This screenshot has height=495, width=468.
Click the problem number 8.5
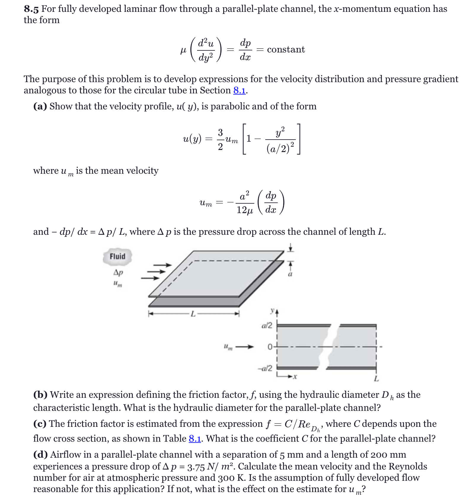(31, 9)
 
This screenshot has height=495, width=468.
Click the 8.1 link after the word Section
(239, 90)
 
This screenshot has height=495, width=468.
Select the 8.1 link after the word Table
(195, 439)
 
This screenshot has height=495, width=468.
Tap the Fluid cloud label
(117, 256)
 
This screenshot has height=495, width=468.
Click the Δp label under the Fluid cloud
(118, 272)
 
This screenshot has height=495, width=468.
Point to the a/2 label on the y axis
(267, 325)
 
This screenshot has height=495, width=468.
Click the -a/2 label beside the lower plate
(265, 368)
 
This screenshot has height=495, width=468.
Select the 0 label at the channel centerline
(270, 346)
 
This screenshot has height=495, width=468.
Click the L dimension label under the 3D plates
(193, 314)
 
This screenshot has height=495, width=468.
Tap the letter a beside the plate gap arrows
(290, 274)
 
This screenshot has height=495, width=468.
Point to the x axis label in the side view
(295, 377)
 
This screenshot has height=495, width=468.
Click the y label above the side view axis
(272, 311)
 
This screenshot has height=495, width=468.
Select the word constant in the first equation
(286, 49)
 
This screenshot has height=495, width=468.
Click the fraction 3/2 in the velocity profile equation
(220, 139)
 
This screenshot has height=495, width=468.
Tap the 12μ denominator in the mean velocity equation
(245, 210)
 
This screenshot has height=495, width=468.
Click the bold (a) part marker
(40, 106)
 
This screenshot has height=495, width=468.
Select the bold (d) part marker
(40, 455)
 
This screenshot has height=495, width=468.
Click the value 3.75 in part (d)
(196, 467)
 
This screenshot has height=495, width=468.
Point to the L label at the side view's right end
(376, 379)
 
